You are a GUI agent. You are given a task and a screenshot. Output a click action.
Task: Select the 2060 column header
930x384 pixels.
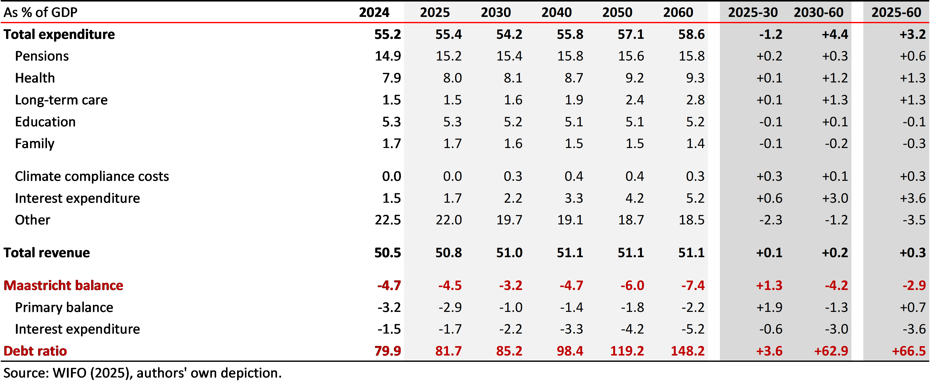678,12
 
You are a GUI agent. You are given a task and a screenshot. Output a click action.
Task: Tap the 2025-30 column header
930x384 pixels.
753,12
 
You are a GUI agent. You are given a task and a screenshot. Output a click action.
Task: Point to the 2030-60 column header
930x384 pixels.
818,12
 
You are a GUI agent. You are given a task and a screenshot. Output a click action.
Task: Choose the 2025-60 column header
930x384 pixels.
896,12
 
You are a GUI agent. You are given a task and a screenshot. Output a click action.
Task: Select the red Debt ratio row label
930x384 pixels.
35,351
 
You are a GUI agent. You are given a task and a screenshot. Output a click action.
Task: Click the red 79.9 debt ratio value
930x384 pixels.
388,351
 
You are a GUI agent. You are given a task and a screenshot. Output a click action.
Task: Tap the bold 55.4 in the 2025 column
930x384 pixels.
448,34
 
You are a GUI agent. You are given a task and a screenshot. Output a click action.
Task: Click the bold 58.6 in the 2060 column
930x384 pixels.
691,34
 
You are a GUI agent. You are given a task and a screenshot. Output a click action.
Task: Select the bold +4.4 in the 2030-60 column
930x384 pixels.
835,34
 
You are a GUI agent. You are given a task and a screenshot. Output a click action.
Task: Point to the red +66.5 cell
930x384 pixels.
909,351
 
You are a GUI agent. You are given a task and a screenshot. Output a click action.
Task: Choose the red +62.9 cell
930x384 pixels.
831,351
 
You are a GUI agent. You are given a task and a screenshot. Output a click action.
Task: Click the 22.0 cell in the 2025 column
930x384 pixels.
448,220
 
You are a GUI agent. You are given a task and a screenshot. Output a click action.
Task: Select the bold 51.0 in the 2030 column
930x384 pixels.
509,252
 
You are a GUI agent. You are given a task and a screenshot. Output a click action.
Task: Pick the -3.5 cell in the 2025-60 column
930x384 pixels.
914,220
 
